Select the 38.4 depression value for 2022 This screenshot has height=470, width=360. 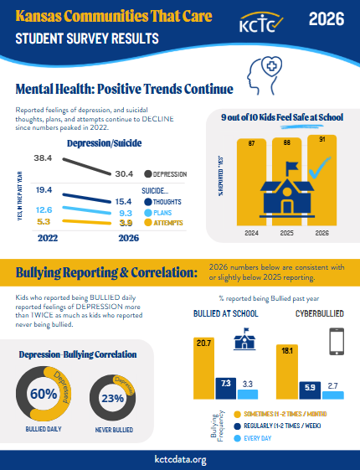coord(44,158)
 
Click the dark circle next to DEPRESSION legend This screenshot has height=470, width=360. coord(148,174)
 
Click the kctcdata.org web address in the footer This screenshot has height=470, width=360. coord(179,458)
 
